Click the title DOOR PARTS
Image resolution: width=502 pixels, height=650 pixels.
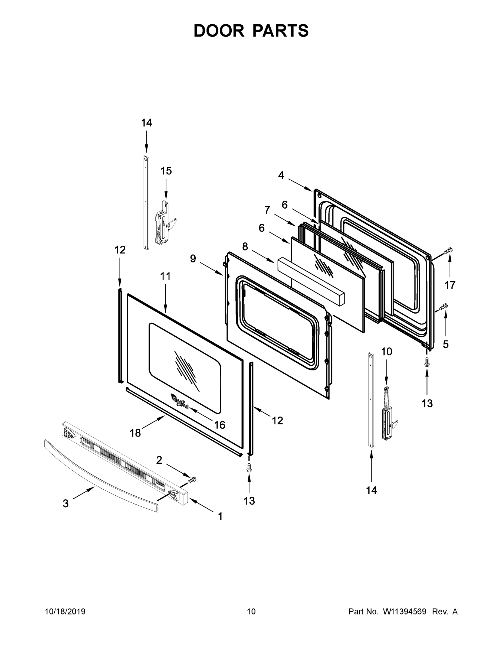[x=251, y=31]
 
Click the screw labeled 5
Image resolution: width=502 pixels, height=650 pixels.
[x=444, y=306]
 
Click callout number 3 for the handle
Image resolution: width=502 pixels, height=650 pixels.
[x=66, y=503]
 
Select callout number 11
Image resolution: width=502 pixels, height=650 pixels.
[x=165, y=276]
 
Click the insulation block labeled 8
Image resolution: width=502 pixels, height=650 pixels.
[x=311, y=281]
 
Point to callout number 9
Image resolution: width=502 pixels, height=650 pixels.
[x=193, y=259]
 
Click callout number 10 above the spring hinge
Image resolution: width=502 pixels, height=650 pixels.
[x=386, y=352]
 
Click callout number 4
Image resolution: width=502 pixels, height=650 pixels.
[x=281, y=175]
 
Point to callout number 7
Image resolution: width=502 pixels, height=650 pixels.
[x=267, y=210]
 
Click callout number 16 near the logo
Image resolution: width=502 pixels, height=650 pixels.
[x=219, y=425]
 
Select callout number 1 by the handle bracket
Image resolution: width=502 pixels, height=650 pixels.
[x=220, y=516]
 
